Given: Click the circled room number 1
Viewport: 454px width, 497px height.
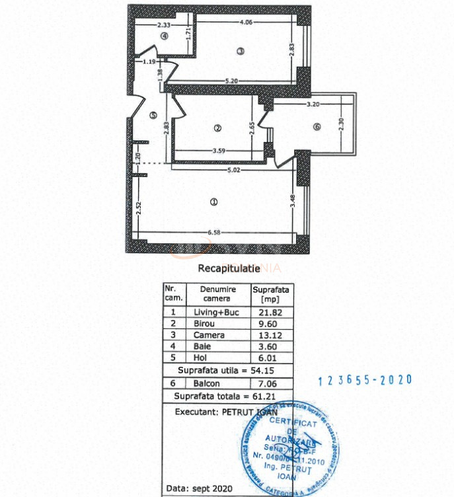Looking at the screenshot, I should [x=213, y=202].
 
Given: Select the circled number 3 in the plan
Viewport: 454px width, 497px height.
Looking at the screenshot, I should [x=241, y=51].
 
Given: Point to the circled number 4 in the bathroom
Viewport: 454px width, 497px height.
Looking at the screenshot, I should [x=163, y=36].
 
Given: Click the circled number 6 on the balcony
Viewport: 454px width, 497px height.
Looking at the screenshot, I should [x=317, y=128].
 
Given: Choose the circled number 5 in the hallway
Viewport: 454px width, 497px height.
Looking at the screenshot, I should [x=153, y=115].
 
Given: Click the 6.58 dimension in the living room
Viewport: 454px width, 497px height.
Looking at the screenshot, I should [x=213, y=232].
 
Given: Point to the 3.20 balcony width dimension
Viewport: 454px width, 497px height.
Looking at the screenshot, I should [x=313, y=104].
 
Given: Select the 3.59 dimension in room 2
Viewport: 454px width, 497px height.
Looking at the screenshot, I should [x=219, y=151].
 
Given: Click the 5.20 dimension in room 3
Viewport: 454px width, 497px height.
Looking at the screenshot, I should [x=231, y=81].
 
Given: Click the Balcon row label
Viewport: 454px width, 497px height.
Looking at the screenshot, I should [x=206, y=383].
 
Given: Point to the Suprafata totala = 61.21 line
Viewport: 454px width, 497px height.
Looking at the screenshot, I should [x=223, y=396].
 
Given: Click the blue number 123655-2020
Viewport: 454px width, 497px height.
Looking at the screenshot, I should [x=365, y=380].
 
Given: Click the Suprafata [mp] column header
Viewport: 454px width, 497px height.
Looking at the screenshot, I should [x=271, y=293].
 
